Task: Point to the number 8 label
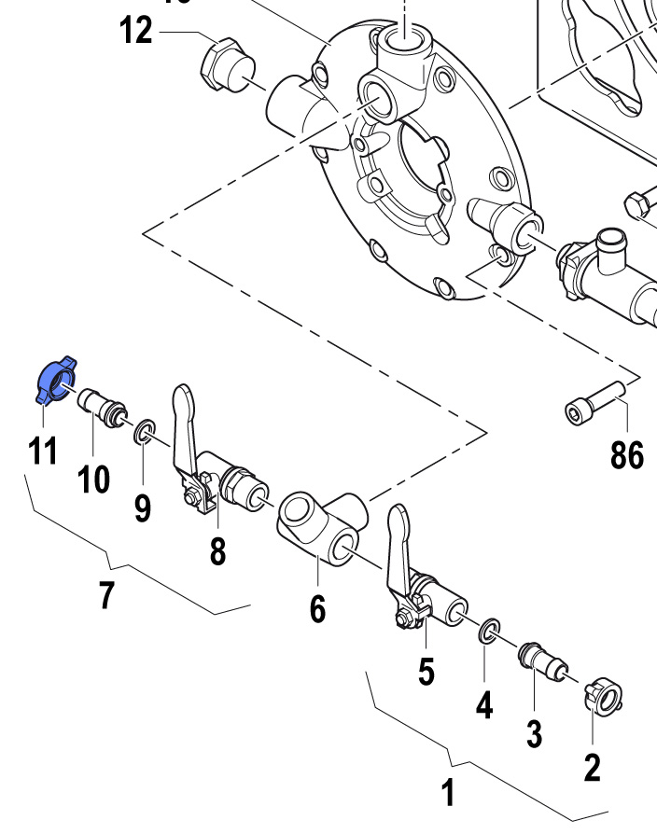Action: tap(217, 550)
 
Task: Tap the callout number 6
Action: tap(317, 609)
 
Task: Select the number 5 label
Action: tap(426, 672)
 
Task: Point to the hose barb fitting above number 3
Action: tap(539, 661)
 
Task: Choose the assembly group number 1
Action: tap(449, 794)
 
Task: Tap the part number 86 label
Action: tap(627, 456)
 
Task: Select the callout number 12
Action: tap(136, 31)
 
